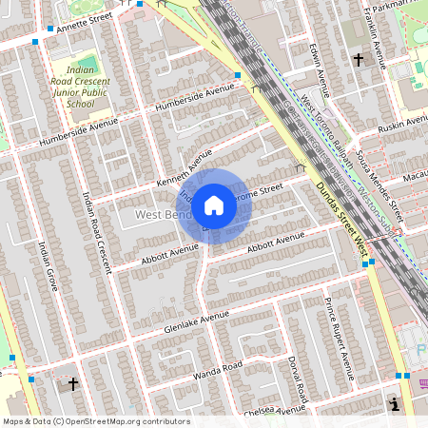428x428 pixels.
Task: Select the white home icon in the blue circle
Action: [x=214, y=204]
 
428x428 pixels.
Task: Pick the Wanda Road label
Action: [x=220, y=366]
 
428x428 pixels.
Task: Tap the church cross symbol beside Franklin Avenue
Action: [x=359, y=59]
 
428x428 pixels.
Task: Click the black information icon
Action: [x=395, y=404]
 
